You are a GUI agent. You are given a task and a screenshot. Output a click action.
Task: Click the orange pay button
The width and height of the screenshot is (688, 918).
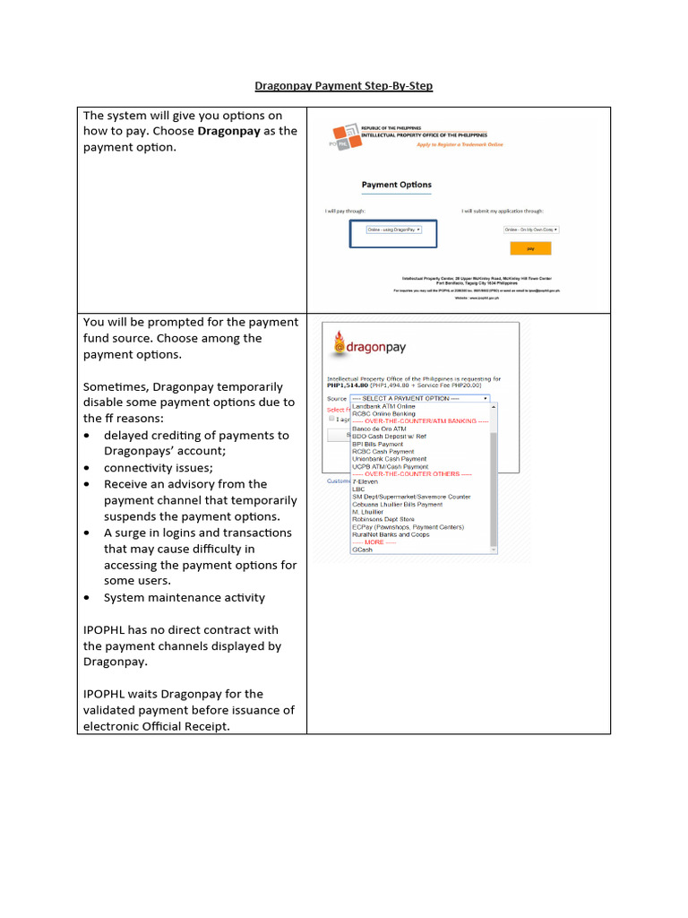(x=530, y=248)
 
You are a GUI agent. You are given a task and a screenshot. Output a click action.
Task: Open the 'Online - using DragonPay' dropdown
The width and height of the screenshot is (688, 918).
(x=393, y=229)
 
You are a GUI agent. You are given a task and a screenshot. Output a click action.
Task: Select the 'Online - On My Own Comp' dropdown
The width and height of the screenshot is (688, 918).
(x=537, y=229)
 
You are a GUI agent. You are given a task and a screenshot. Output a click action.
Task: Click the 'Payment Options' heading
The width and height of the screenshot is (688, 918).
(x=396, y=185)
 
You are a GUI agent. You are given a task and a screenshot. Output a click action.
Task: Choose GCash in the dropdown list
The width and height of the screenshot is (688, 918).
(x=363, y=550)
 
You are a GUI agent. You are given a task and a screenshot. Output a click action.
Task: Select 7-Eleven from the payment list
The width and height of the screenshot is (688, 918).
(x=365, y=481)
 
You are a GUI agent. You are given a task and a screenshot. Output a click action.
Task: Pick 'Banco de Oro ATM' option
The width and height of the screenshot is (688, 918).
(x=379, y=429)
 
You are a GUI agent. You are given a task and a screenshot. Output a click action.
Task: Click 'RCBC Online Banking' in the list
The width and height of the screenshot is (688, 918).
(x=383, y=413)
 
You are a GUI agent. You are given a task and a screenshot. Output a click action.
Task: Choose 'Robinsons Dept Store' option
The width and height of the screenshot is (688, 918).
(x=383, y=519)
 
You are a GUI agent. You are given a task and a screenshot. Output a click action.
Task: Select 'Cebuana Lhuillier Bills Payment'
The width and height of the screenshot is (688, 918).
(x=397, y=504)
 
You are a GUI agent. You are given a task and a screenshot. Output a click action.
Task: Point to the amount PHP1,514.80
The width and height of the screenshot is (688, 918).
(x=350, y=385)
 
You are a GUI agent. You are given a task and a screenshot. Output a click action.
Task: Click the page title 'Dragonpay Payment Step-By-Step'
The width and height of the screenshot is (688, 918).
(x=344, y=86)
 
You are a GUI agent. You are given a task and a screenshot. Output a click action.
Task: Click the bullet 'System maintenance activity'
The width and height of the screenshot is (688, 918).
(x=184, y=597)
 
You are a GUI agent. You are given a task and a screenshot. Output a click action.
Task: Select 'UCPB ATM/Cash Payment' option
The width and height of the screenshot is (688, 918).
(x=390, y=466)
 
